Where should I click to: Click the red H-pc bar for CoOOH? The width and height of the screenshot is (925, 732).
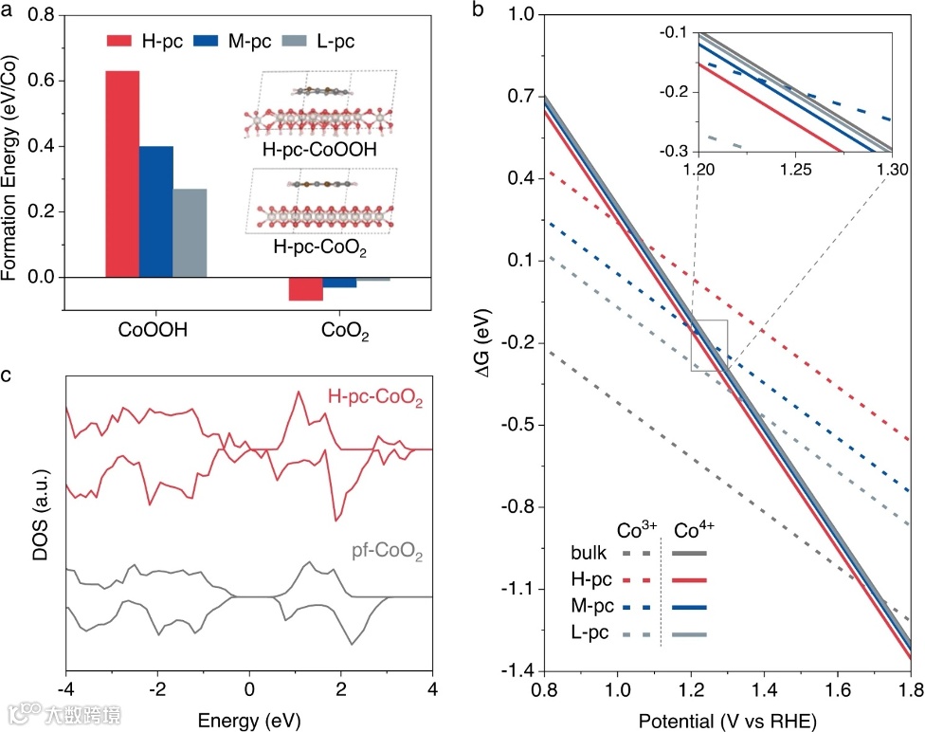pos(122,174)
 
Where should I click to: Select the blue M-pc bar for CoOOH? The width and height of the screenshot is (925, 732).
pos(156,211)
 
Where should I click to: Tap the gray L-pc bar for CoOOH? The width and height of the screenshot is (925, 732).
pos(190,232)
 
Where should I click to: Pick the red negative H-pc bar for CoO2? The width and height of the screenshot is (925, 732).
pos(306,288)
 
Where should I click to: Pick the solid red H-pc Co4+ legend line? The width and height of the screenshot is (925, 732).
pos(690,578)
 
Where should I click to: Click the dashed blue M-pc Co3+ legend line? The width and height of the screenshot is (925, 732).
pos(635,605)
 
